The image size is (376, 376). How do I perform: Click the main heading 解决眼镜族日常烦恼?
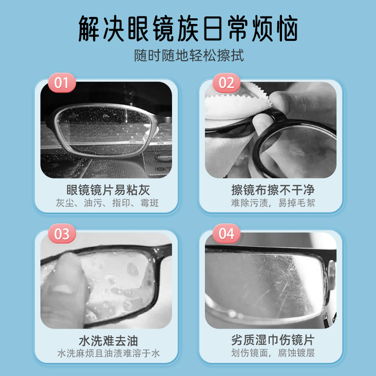coord(188,29)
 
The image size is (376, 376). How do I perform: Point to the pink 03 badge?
coord(62,234)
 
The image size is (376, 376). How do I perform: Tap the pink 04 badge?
coord(226,234)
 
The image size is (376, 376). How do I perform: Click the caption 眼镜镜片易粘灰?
coord(108,190)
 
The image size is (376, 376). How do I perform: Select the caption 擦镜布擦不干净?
coord(273,190)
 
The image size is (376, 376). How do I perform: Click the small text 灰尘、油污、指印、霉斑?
coord(108,204)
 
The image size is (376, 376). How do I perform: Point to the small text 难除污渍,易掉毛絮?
coord(273,204)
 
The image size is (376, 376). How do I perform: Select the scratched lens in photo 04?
coord(268,282)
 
